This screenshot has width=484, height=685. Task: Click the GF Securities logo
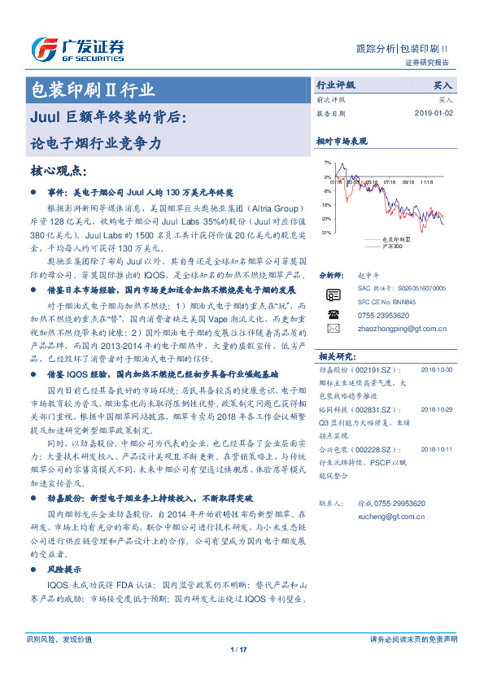pos(76,48)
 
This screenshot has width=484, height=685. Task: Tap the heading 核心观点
pos(62,171)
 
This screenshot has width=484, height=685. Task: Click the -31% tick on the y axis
pos(325,233)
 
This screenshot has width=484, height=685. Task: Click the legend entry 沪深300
pos(392,245)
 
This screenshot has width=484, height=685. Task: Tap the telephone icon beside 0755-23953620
pos(333,314)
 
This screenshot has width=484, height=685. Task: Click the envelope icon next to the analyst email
pos(333,328)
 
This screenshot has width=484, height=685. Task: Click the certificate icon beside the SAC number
pos(333,295)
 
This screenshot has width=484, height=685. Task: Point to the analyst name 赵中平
pos(369,276)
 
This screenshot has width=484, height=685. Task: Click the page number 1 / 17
pos(242,649)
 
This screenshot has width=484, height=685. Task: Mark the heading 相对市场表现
pos(342,141)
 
